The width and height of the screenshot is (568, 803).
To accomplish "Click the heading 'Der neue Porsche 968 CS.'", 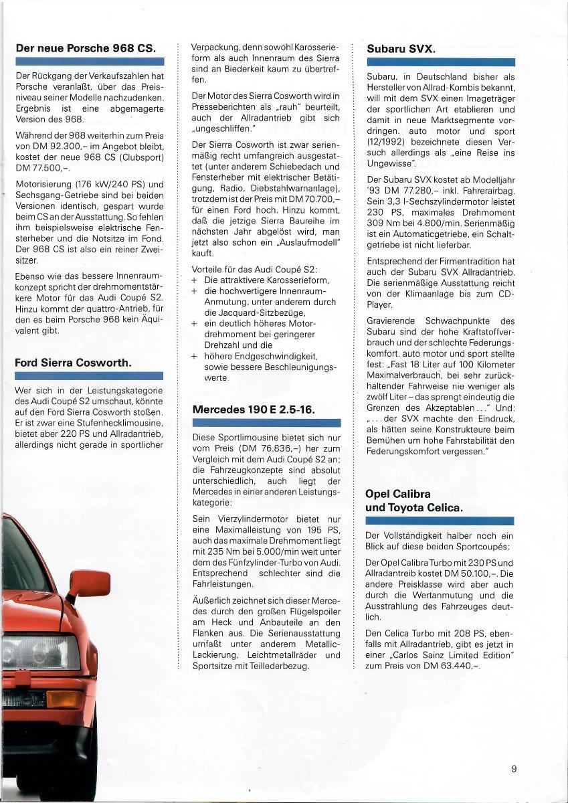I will (85, 48).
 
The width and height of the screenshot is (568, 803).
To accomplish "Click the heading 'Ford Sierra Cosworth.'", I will (73, 363).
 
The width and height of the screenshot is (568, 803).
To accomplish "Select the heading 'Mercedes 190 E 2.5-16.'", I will (253, 409).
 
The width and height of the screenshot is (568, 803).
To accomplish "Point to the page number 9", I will (514, 769).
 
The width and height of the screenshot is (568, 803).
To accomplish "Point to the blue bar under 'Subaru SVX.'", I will (440, 62).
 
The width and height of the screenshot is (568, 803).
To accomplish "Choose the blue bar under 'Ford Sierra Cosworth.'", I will (88, 377).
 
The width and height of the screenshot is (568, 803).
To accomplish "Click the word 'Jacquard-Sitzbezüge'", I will (254, 312).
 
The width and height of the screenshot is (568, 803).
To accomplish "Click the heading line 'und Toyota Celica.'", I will (413, 507).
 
